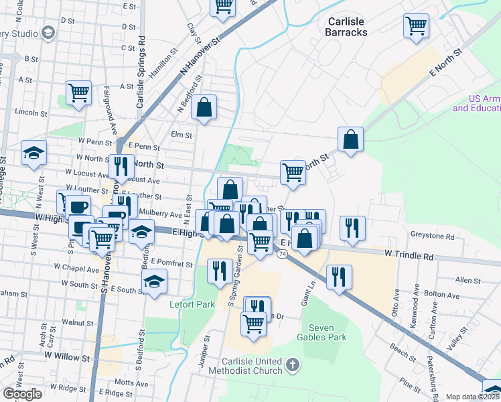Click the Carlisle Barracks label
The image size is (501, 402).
(x=346, y=26)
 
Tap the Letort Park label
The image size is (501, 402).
(x=192, y=305)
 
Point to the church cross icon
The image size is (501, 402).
(x=291, y=365)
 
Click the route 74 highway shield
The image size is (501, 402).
(x=283, y=255)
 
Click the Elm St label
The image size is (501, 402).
(x=182, y=135)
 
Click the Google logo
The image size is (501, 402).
(x=22, y=394)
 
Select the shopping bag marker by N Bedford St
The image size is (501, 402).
(x=204, y=107)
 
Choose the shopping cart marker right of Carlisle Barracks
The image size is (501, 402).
(x=416, y=25)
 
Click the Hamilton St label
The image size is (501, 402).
(x=163, y=63)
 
